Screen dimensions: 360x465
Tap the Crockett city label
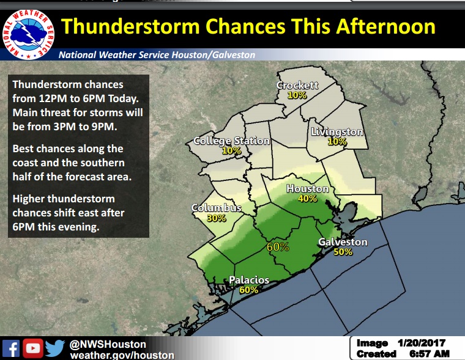point(297,86)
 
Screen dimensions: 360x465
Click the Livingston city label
point(337,132)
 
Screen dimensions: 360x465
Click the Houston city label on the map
point(307,189)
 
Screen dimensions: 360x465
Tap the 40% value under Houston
point(307,199)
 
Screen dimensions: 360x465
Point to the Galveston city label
point(343,243)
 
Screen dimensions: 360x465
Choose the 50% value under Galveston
point(343,252)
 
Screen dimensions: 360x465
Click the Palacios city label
point(249,280)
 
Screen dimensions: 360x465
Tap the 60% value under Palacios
point(248,290)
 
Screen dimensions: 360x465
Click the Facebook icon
point(11,348)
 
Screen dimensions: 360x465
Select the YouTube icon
point(33,348)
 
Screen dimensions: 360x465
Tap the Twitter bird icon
point(55,348)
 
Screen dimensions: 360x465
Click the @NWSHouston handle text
point(108,344)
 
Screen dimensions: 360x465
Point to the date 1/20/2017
point(423,343)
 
